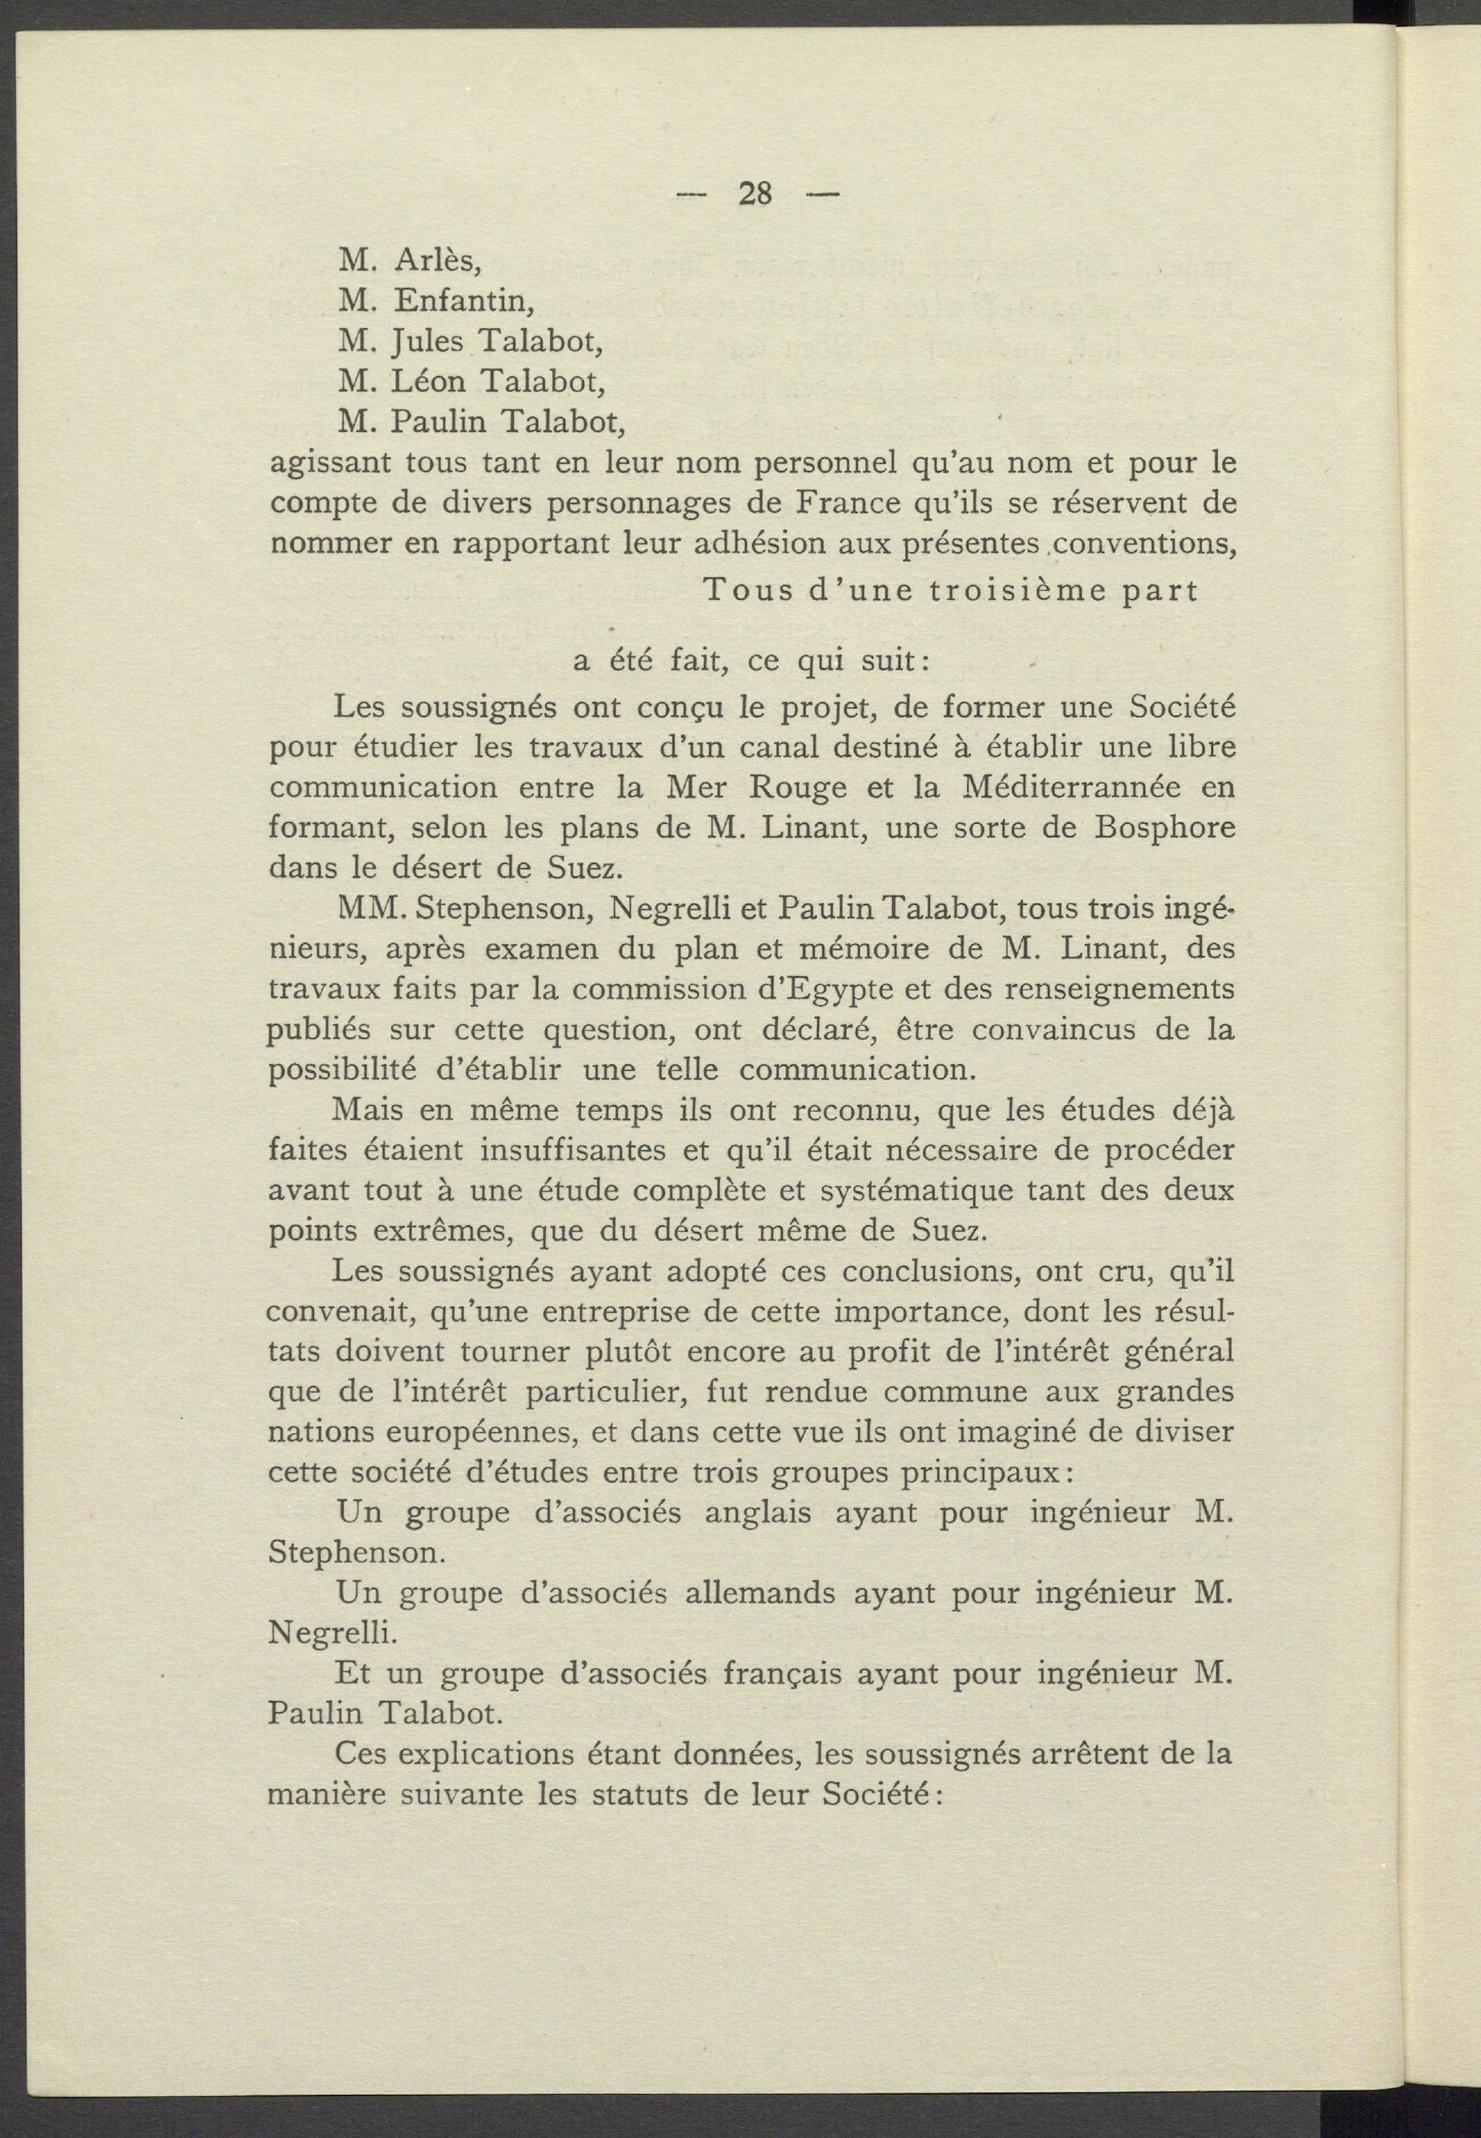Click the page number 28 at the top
point(755,194)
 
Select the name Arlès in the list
point(437,262)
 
